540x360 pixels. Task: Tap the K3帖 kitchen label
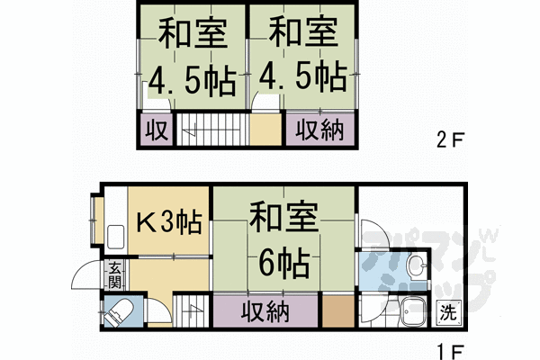[167, 220]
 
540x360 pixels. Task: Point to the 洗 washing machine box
[447, 314]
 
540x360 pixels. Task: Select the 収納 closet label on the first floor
[265, 312]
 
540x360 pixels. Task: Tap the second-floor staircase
[210, 130]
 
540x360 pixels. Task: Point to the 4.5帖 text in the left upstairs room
[192, 82]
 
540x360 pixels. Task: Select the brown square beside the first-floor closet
[337, 311]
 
